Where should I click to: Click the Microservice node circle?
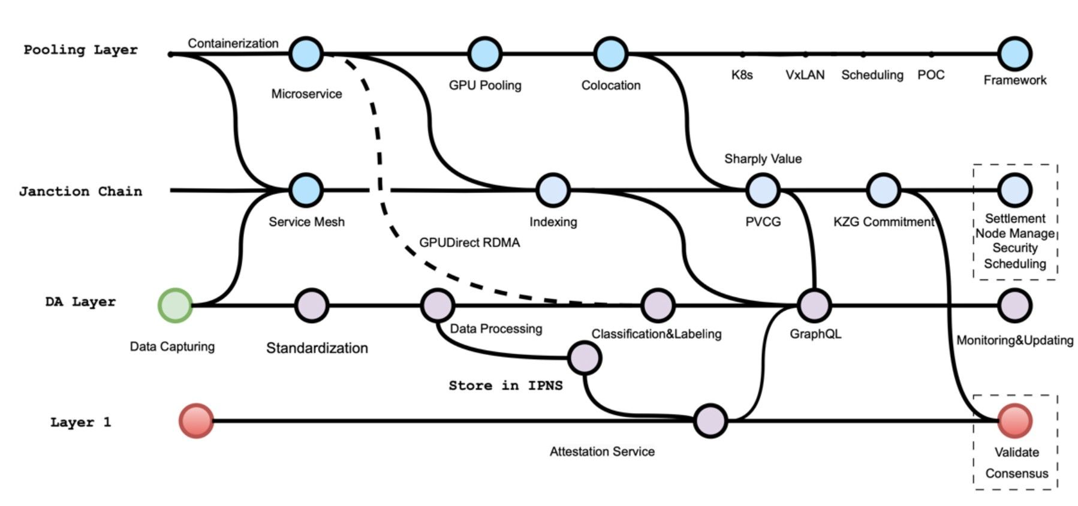pyautogui.click(x=306, y=54)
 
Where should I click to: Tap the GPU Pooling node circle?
pyautogui.click(x=484, y=54)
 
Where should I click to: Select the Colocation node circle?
pyautogui.click(x=610, y=54)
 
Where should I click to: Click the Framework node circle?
pyautogui.click(x=1014, y=54)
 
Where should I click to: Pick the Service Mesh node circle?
pyautogui.click(x=306, y=191)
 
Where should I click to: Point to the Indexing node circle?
pyautogui.click(x=553, y=191)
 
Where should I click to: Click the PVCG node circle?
pyautogui.click(x=763, y=191)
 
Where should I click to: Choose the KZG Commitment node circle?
pyautogui.click(x=884, y=191)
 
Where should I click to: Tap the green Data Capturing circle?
pyautogui.click(x=174, y=305)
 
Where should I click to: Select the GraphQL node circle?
pyautogui.click(x=814, y=305)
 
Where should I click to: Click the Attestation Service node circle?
pyautogui.click(x=710, y=420)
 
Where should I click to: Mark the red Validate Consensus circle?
pyautogui.click(x=1014, y=420)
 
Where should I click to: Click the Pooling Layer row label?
pyautogui.click(x=80, y=50)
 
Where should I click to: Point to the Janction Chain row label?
pyautogui.click(x=80, y=192)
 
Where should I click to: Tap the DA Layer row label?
pyautogui.click(x=80, y=302)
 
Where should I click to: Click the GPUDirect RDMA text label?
pyautogui.click(x=469, y=243)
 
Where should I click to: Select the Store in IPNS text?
pyautogui.click(x=505, y=385)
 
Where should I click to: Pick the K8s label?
pyautogui.click(x=742, y=76)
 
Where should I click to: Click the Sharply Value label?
pyautogui.click(x=763, y=159)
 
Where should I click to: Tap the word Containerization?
pyautogui.click(x=233, y=43)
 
